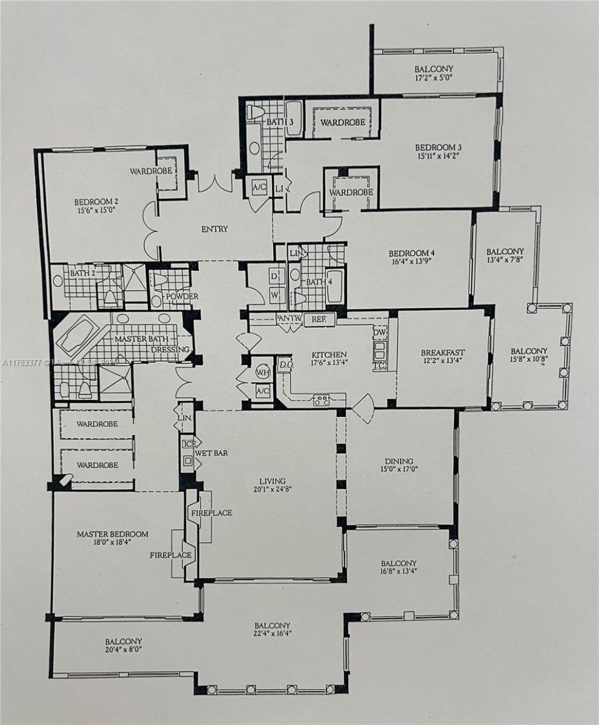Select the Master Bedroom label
pos(112,534)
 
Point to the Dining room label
pos(399,461)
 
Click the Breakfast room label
pos(443,353)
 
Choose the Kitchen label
pos(329,354)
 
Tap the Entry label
pos(215,229)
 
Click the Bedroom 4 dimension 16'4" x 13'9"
pos(412,263)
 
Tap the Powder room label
pos(182,296)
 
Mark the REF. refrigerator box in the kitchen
pos(318,320)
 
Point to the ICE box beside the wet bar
pos(188,444)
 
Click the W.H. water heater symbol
pos(261,372)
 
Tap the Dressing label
pos(170,350)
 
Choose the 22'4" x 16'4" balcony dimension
pos(272,633)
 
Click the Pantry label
pos(288,319)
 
